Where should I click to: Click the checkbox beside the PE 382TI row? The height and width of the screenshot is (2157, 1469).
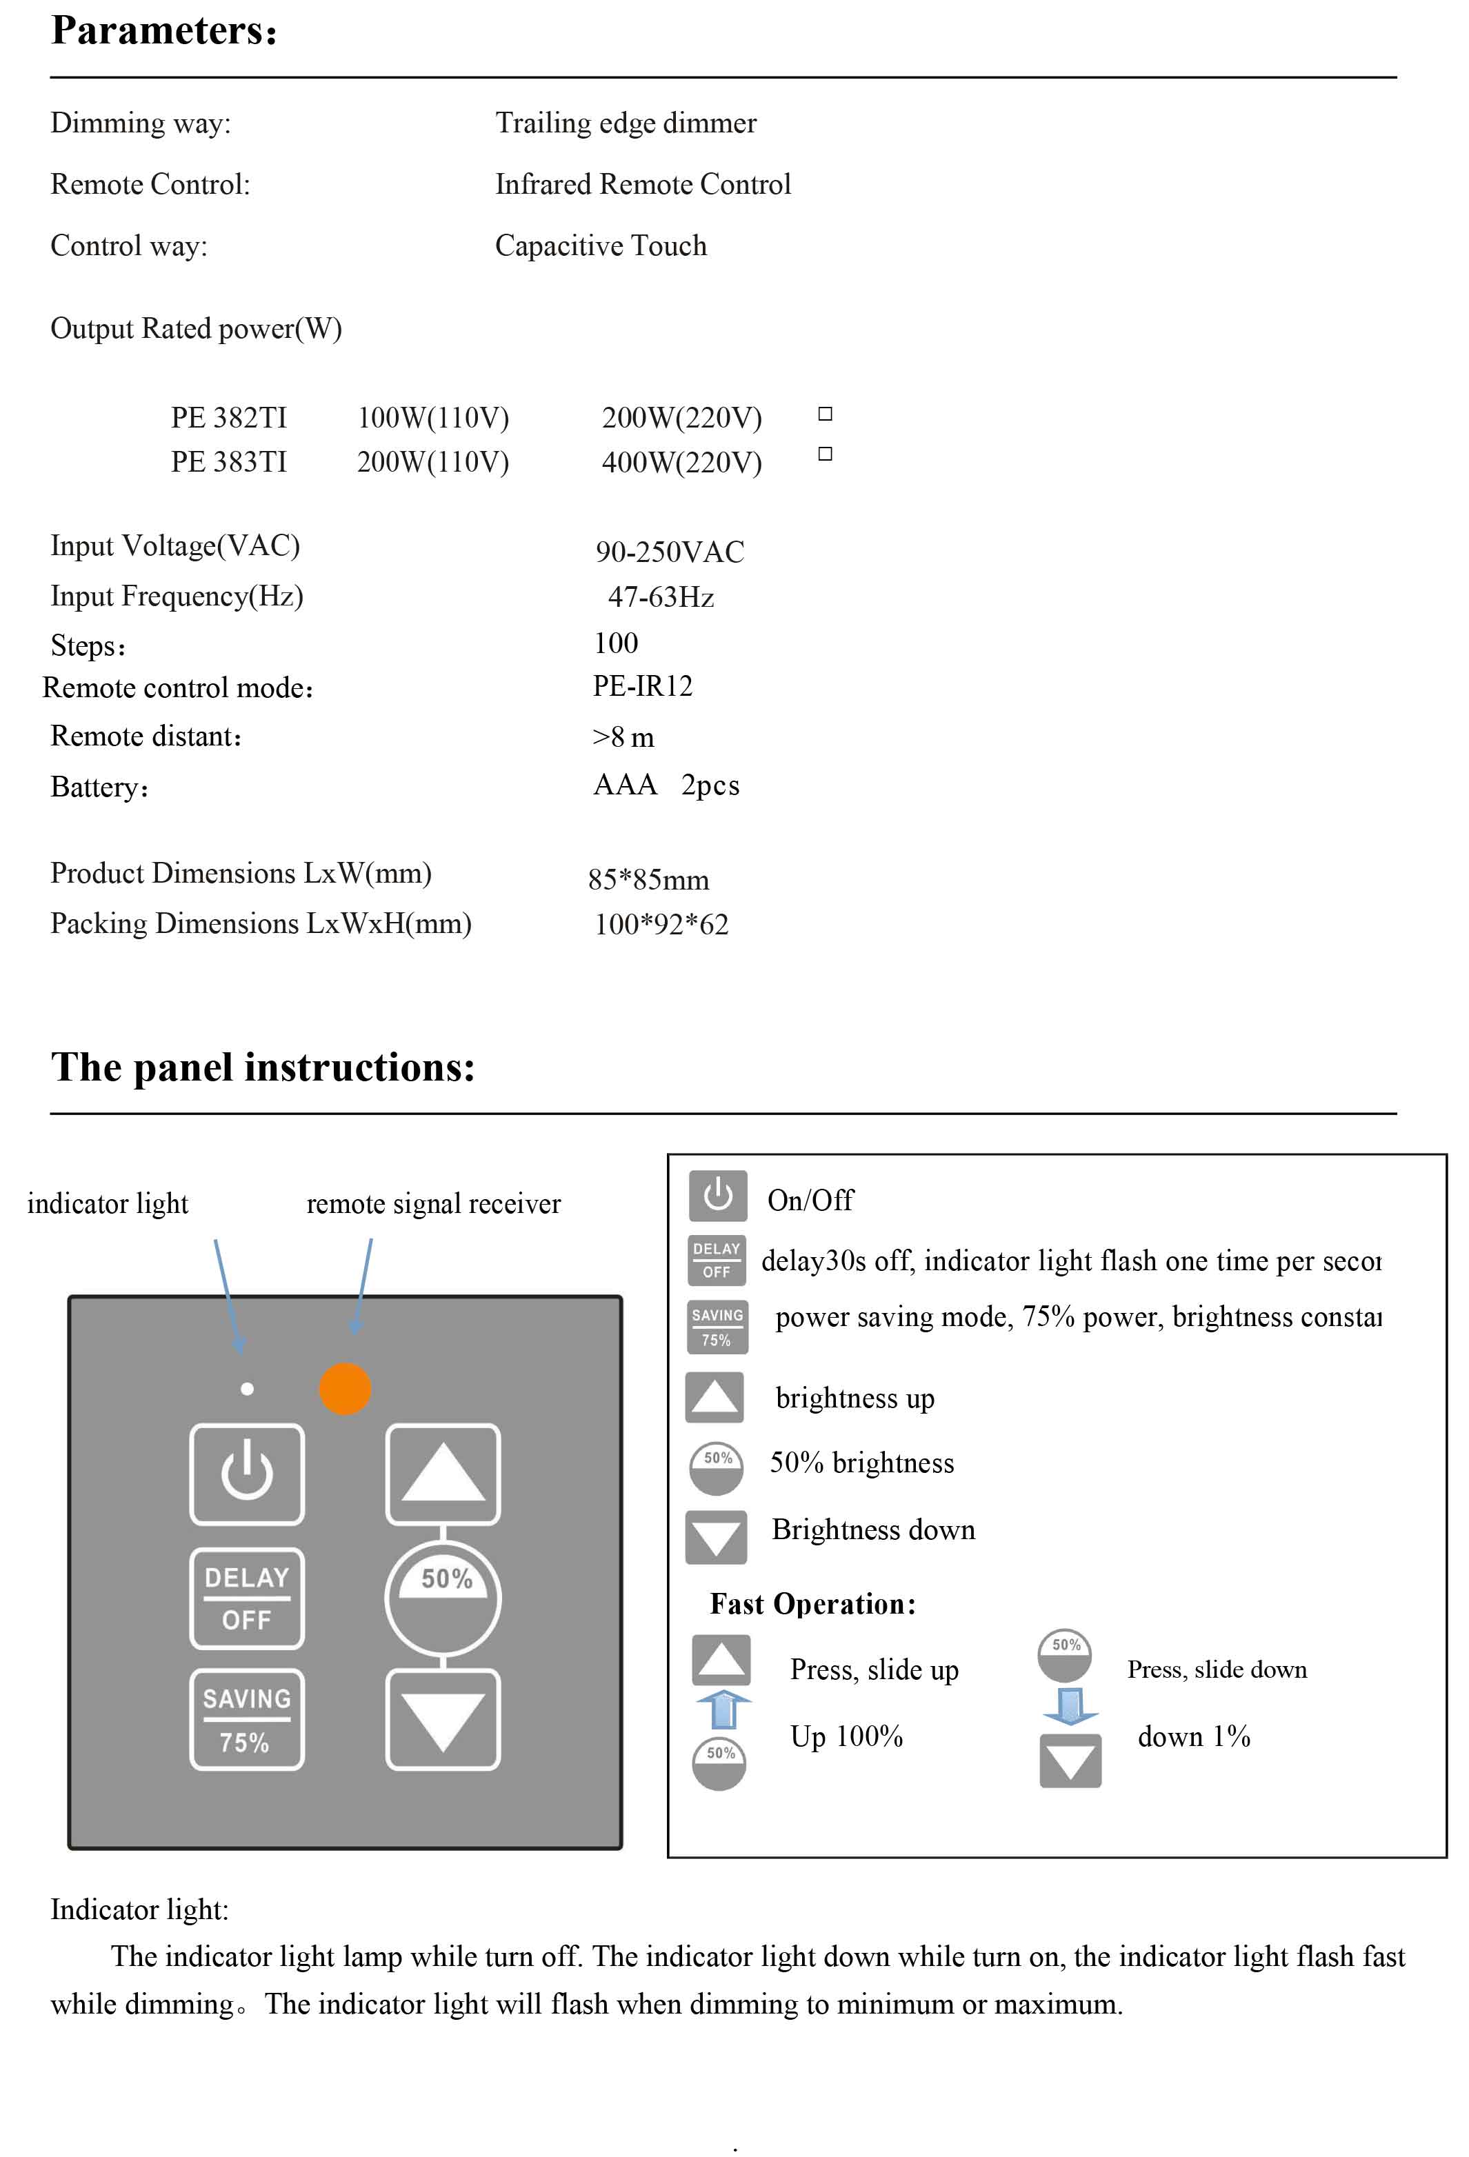pyautogui.click(x=825, y=414)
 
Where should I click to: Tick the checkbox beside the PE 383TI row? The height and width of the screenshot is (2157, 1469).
pyautogui.click(x=825, y=454)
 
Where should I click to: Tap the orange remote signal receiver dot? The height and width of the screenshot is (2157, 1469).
pyautogui.click(x=346, y=1389)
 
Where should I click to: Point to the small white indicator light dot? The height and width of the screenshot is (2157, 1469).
pyautogui.click(x=247, y=1389)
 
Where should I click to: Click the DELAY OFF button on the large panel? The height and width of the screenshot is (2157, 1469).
pyautogui.click(x=247, y=1598)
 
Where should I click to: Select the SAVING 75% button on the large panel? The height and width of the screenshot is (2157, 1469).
pyautogui.click(x=247, y=1719)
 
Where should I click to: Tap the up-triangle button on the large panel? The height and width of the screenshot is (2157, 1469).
pyautogui.click(x=443, y=1474)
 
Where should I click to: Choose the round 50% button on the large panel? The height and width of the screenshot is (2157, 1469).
pyautogui.click(x=443, y=1598)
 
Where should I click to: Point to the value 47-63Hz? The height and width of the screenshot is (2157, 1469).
pyautogui.click(x=661, y=596)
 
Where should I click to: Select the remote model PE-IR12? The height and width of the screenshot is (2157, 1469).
pyautogui.click(x=642, y=686)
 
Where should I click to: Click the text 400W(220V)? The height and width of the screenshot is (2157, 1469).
pyautogui.click(x=681, y=462)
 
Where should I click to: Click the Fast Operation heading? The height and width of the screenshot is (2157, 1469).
pyautogui.click(x=812, y=1605)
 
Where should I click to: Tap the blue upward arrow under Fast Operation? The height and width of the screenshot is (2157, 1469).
pyautogui.click(x=723, y=1709)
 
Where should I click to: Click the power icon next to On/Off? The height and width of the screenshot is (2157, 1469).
pyautogui.click(x=717, y=1196)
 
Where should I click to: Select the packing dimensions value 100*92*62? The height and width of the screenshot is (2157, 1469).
pyautogui.click(x=661, y=925)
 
